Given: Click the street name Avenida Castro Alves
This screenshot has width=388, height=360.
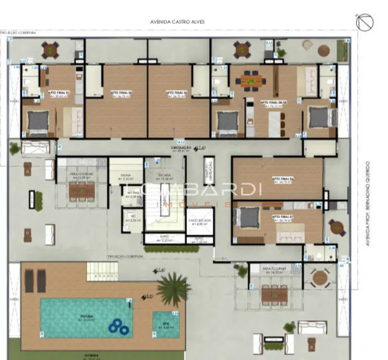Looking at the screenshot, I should (x=177, y=22).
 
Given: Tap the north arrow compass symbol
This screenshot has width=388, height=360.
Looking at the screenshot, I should (x=366, y=23).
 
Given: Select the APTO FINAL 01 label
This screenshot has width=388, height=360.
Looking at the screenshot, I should (x=59, y=93).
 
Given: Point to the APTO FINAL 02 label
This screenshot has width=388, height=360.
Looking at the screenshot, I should (x=121, y=93).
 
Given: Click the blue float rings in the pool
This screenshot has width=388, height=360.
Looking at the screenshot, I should (x=118, y=328).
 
